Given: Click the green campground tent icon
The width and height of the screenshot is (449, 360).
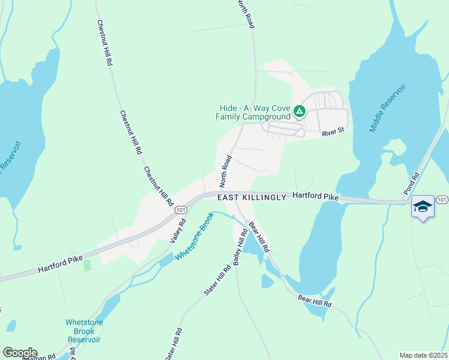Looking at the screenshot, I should pos(299,111).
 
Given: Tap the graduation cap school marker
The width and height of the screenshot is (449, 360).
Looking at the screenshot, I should pos(423,207).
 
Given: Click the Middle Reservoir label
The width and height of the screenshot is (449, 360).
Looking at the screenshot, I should pos(388,108).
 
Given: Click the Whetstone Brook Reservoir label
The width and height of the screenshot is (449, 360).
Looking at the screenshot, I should pos(84,331).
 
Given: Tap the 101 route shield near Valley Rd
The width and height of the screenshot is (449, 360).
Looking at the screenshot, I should pos(180,210).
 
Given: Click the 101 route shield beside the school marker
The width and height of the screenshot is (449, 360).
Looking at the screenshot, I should pos(442,199).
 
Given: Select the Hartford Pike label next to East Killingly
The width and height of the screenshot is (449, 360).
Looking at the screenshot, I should pos(315,197).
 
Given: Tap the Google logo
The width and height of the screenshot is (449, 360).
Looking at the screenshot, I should pos(20,353).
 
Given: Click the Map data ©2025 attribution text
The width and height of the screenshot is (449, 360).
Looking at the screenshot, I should pos(423,355).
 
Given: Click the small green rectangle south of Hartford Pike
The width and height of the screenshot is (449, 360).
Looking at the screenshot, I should pos(88,265).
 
